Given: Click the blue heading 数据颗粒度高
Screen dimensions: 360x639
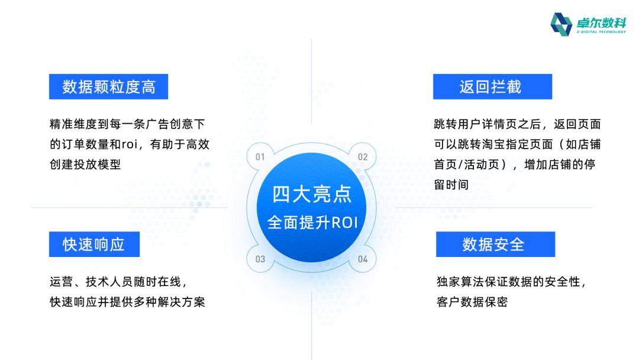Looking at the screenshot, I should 108,86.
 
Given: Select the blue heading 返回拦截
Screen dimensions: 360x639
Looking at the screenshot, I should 492,86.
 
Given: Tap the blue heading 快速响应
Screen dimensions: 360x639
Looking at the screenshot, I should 93,244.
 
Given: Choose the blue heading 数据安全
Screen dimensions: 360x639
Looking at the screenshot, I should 495,244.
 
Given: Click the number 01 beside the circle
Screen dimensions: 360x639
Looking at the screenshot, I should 260,157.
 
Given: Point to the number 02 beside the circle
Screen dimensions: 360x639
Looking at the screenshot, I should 363,157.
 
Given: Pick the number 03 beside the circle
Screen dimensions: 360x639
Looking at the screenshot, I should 260,259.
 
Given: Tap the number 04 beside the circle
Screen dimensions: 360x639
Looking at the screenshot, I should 363,259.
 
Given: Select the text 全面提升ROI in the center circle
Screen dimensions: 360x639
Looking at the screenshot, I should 312,222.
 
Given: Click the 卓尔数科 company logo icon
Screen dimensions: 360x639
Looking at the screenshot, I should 561,24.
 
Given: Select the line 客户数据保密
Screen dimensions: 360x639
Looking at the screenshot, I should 472,302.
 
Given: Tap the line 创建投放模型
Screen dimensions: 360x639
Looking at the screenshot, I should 85,164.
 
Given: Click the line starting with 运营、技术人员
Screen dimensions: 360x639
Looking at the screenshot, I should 118,282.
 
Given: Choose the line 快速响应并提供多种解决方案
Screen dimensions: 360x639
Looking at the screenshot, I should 127,302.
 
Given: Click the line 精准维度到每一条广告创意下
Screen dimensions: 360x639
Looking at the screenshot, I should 127,124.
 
